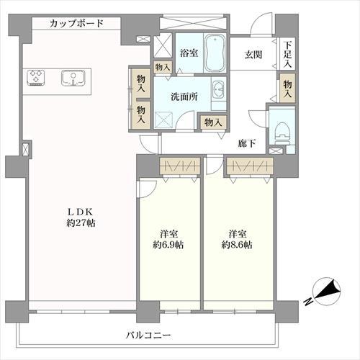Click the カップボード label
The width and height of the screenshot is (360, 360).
point(77,24)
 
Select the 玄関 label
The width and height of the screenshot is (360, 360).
point(253,54)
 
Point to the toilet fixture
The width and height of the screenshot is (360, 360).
point(282,131)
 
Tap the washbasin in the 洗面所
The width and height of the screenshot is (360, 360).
point(219,91)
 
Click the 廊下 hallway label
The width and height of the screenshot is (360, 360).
point(248,143)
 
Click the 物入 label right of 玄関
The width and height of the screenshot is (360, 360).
point(287,89)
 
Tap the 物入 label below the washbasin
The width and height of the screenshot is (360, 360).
point(212,122)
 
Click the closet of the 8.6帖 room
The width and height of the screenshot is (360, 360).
point(248,167)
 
